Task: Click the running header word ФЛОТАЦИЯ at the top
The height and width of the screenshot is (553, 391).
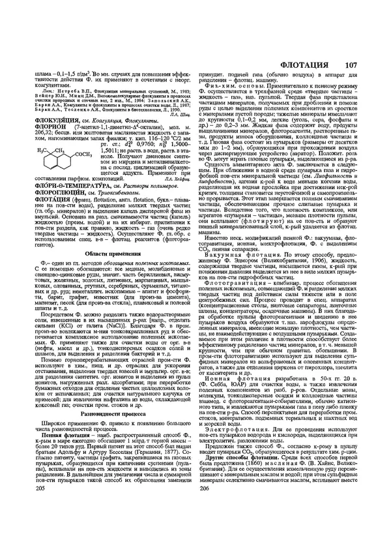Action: click(x=308, y=65)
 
